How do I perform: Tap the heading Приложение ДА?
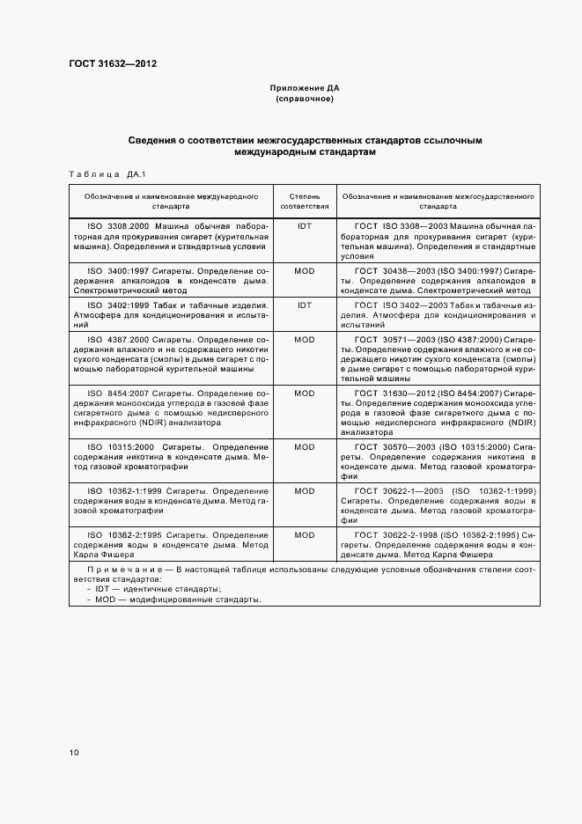coord(304,89)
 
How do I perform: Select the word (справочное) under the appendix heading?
coord(304,99)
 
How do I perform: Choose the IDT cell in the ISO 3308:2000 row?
coord(305,226)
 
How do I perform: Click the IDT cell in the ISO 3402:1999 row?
coord(305,305)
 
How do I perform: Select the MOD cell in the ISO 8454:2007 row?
coord(305,394)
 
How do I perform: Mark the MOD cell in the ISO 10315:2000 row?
coord(305,447)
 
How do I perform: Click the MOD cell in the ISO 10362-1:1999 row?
coord(305,490)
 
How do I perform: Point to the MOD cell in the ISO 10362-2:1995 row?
coord(305,534)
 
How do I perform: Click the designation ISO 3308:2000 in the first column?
coord(121,226)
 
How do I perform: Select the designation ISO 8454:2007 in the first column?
coord(119,394)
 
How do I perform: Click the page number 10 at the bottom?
coord(74,752)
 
